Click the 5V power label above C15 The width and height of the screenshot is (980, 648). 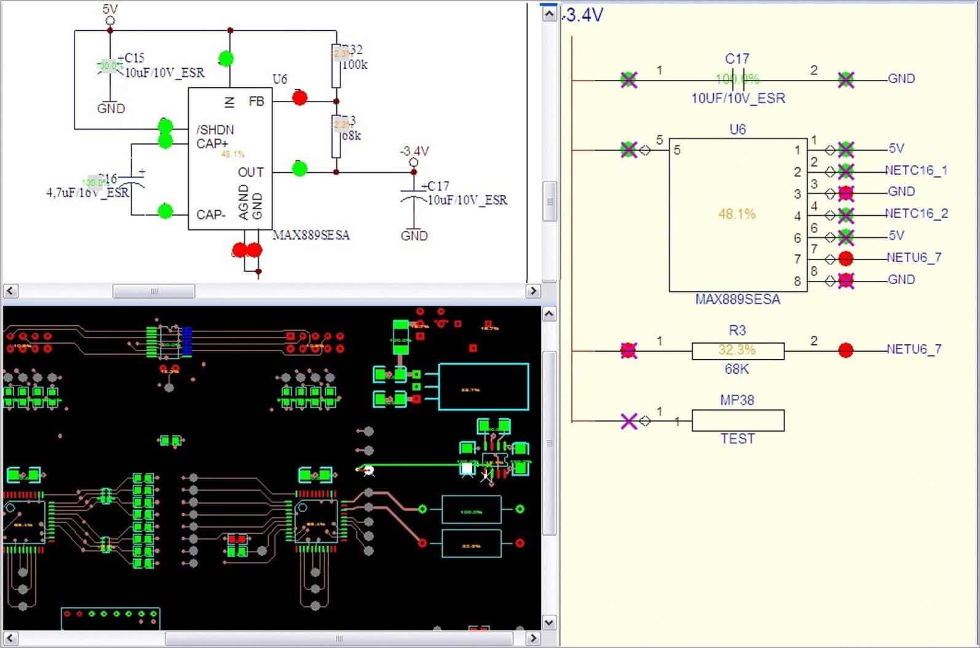pyautogui.click(x=110, y=9)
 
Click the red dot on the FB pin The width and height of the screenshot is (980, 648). pyautogui.click(x=299, y=97)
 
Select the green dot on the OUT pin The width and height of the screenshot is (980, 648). pyautogui.click(x=299, y=168)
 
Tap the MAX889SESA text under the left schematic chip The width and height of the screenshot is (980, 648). pyautogui.click(x=311, y=235)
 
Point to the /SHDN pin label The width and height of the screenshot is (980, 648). pyautogui.click(x=215, y=130)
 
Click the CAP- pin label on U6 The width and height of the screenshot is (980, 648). pyautogui.click(x=211, y=215)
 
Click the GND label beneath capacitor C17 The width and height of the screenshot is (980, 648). pyautogui.click(x=414, y=235)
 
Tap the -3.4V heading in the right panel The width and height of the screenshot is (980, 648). pyautogui.click(x=584, y=15)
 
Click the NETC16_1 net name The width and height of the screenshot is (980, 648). pyautogui.click(x=916, y=170)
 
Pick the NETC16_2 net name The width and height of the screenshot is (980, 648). pyautogui.click(x=916, y=213)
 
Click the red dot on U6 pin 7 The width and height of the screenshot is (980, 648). pyautogui.click(x=846, y=258)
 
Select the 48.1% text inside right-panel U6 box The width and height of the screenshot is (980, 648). pyautogui.click(x=737, y=214)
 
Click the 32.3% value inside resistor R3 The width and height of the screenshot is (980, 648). pyautogui.click(x=737, y=350)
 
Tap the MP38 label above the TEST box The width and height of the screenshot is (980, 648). pyautogui.click(x=737, y=400)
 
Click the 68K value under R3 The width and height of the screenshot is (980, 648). pyautogui.click(x=737, y=369)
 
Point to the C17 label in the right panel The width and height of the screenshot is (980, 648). pyautogui.click(x=737, y=59)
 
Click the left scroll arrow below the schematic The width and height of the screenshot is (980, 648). pyautogui.click(x=10, y=291)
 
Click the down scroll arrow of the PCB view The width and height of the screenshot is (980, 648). pyautogui.click(x=549, y=622)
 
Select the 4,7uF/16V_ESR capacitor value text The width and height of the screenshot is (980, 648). pyautogui.click(x=87, y=192)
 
